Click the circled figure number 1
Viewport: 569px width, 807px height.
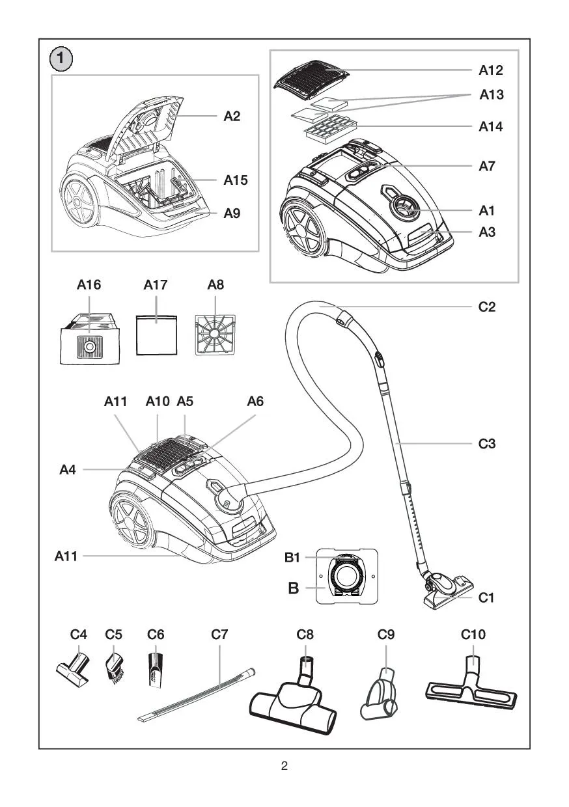coord(62,60)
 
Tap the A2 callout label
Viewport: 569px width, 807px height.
coord(232,116)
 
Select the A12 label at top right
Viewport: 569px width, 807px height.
coord(492,70)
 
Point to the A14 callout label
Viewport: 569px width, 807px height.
coord(492,126)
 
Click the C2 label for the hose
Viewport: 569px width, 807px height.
coord(488,307)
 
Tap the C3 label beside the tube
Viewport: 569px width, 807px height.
coord(488,445)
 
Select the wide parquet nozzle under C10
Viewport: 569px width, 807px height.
coord(471,689)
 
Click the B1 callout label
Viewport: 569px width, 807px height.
coord(294,558)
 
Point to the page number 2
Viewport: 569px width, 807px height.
coord(284,765)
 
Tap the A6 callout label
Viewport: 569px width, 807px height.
coord(255,402)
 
